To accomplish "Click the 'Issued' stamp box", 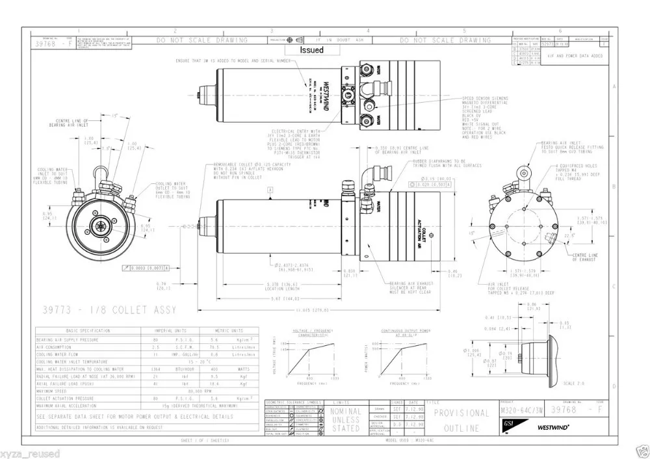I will pos(311,49).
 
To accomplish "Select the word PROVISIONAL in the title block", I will pos(461,413).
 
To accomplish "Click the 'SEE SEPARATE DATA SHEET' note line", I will pos(134,416).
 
